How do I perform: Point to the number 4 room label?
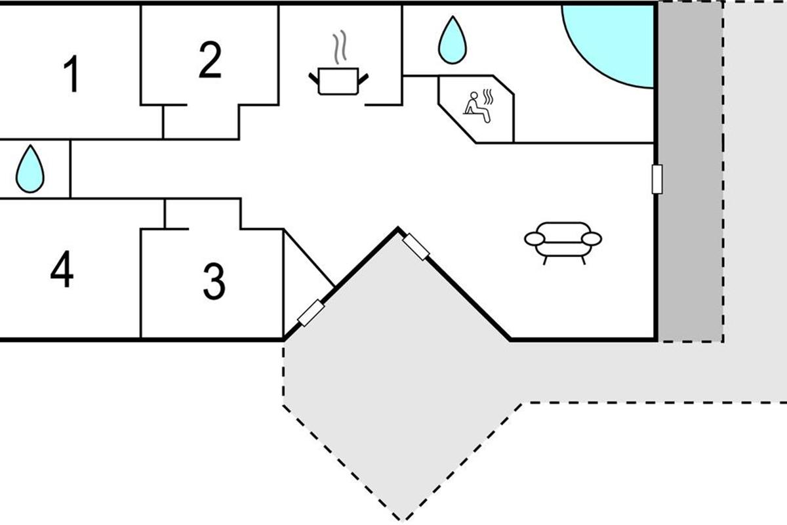tap(62, 270)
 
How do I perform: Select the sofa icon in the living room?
tap(563, 240)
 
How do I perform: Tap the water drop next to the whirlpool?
tap(451, 40)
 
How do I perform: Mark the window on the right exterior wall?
tap(656, 179)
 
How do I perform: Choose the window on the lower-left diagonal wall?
tap(311, 312)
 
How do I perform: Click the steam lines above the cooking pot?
tap(339, 50)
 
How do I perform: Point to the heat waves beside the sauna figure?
tap(487, 96)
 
